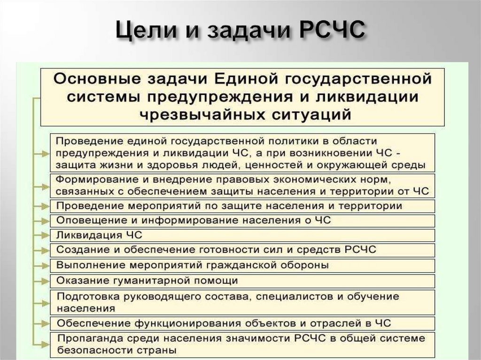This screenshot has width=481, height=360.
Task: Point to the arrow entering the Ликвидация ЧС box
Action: click(x=43, y=235)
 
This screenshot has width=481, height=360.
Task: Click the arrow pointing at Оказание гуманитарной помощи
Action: click(x=43, y=281)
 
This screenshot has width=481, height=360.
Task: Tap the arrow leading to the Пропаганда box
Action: click(x=43, y=344)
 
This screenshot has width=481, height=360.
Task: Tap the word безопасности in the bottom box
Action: click(x=93, y=350)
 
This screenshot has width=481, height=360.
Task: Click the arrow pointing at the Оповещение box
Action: click(x=43, y=220)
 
